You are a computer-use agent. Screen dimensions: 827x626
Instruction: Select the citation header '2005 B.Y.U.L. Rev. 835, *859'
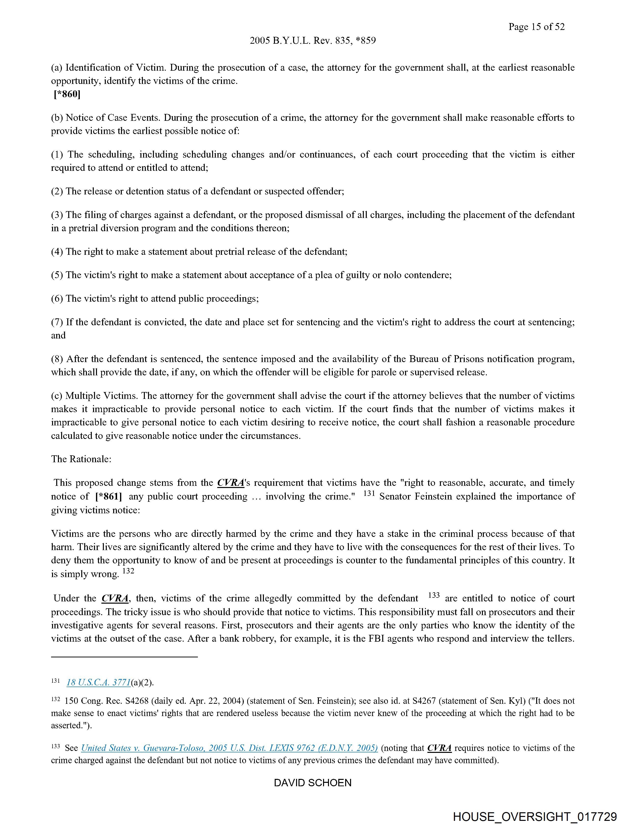click(313, 40)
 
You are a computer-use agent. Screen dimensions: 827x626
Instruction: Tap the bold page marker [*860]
click(67, 94)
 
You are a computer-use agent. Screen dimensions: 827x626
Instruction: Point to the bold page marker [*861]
click(109, 497)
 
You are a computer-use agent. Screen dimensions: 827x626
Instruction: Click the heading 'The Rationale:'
click(81, 459)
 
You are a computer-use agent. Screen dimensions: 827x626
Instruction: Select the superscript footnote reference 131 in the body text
click(369, 493)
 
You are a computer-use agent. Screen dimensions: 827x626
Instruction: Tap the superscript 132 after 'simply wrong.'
click(128, 571)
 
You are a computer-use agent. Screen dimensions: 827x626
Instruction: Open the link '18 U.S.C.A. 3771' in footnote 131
click(98, 683)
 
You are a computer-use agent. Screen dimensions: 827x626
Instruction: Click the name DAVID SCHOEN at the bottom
click(313, 783)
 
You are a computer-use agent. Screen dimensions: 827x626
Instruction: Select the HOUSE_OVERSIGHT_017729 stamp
click(535, 816)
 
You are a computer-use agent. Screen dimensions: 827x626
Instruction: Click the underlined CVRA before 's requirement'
click(230, 483)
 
